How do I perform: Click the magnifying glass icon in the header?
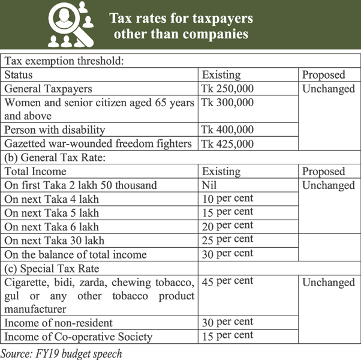(x=71, y=25)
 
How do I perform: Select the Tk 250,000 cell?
(x=228, y=89)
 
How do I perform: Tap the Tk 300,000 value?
(x=228, y=103)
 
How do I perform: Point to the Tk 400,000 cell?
(x=228, y=130)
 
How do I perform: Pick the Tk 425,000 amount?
(x=228, y=143)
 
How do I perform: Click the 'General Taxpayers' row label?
(x=49, y=89)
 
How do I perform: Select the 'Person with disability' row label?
(x=55, y=130)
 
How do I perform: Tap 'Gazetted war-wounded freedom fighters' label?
(x=98, y=143)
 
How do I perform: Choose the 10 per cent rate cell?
(x=227, y=199)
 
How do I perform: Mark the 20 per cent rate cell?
(x=227, y=226)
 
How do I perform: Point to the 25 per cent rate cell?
(x=227, y=240)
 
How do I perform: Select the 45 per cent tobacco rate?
(x=227, y=281)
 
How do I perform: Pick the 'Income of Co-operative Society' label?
(x=78, y=337)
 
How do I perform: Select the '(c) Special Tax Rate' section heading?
(x=52, y=268)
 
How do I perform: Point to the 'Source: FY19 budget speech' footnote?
(x=61, y=353)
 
